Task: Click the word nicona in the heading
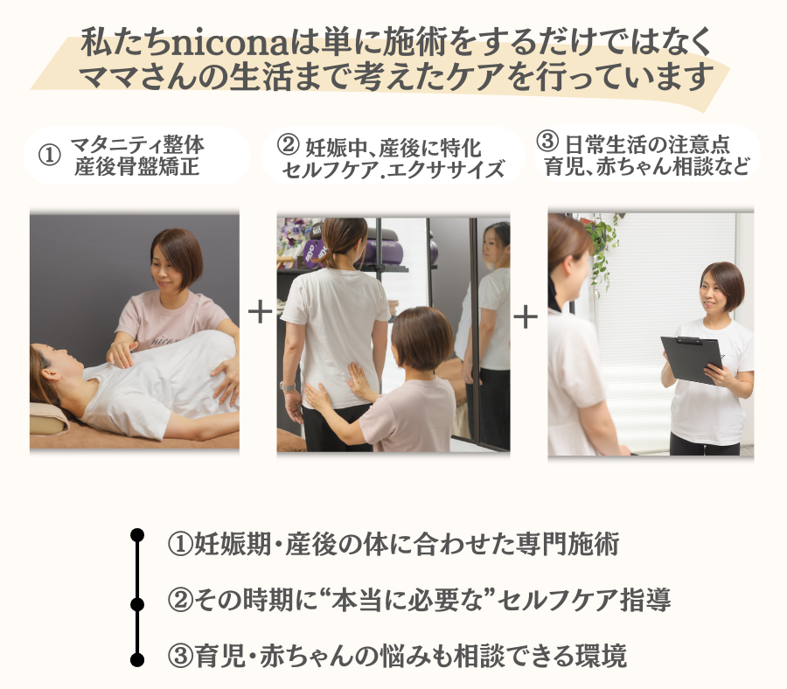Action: [x=229, y=42]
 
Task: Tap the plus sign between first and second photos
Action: [x=260, y=311]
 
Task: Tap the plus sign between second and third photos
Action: [x=526, y=317]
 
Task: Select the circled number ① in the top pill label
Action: [x=49, y=156]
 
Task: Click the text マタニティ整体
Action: [x=137, y=145]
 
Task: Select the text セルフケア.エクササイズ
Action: [x=393, y=169]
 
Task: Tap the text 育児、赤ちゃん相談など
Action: [x=646, y=166]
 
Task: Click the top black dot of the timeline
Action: [x=137, y=535]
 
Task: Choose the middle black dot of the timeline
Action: [x=137, y=603]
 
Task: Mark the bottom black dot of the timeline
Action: [x=137, y=660]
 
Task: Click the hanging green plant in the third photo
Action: [x=600, y=251]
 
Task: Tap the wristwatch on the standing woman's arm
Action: [x=288, y=386]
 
